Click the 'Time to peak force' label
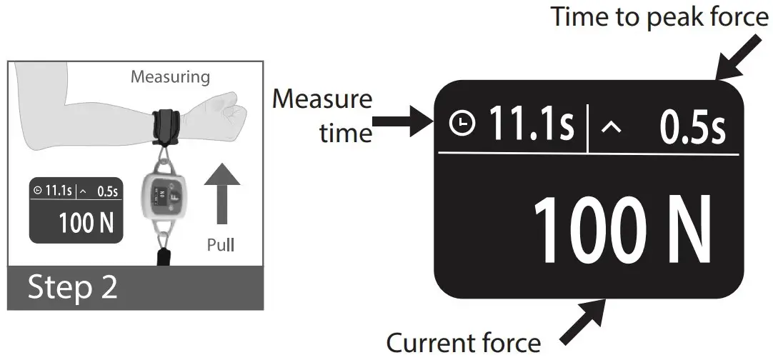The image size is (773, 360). coord(659,16)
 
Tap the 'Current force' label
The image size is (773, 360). coord(463,343)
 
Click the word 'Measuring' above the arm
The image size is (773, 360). coord(170,76)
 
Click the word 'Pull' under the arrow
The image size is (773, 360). coord(220,246)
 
